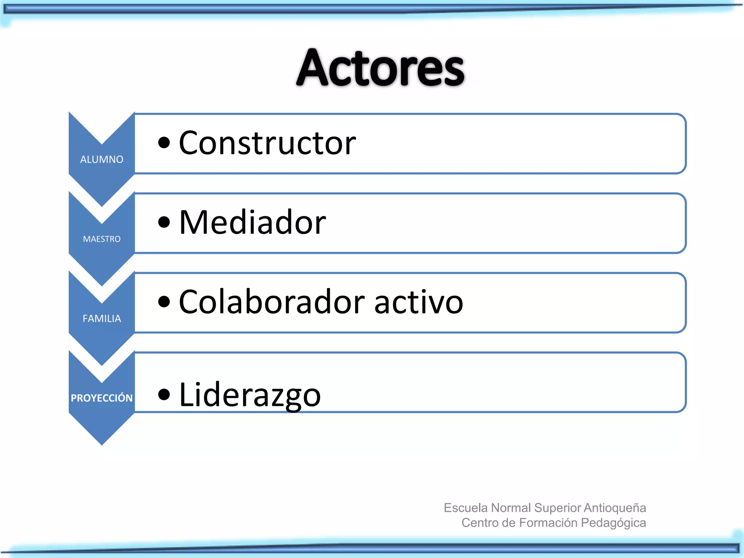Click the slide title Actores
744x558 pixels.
380,68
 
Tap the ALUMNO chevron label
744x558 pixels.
102,159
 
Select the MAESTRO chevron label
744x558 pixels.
102,239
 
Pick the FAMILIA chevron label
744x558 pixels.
102,319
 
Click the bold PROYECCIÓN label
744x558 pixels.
102,398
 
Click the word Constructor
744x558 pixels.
267,143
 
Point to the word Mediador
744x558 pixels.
252,222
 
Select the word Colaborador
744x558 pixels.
272,302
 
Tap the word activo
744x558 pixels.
418,302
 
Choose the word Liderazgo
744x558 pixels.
250,395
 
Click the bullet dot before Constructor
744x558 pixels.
164,143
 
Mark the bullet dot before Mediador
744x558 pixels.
164,222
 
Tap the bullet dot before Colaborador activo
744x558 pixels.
164,302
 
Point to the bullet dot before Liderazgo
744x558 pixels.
164,395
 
